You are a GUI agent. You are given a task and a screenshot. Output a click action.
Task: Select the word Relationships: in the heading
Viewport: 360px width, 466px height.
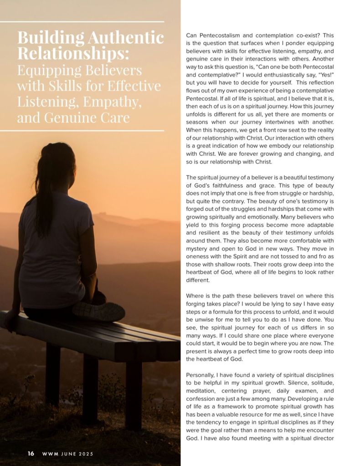[x=73, y=53]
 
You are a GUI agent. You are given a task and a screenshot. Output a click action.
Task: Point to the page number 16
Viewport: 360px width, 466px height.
[x=31, y=453]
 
